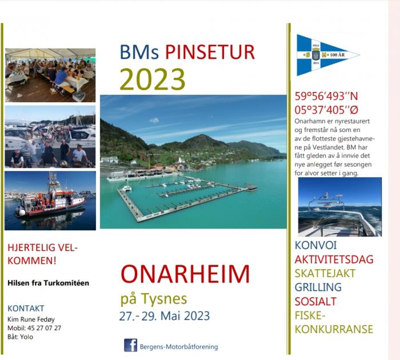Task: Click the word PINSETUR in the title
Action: [x=210, y=53]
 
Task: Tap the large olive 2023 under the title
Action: [x=153, y=79]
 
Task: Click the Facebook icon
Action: [x=131, y=345]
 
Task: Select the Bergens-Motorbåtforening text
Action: [x=179, y=347]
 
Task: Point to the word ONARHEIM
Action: [x=185, y=274]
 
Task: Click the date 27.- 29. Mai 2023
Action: [x=165, y=316]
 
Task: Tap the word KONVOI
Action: [x=315, y=245]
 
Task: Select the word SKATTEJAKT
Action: [x=325, y=273]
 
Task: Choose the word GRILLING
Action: [x=318, y=287]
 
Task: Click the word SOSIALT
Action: [x=315, y=301]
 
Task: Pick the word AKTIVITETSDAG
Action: [x=334, y=259]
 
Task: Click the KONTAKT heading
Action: [x=26, y=308]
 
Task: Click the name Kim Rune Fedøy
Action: [x=31, y=319]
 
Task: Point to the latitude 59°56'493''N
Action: [x=326, y=96]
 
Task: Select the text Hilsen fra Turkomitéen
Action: [x=48, y=283]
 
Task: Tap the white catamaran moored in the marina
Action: [x=127, y=187]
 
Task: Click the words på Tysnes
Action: [x=154, y=299]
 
